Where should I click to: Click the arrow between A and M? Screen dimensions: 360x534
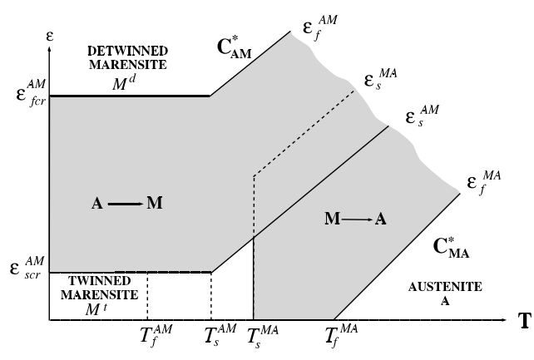pos(124,203)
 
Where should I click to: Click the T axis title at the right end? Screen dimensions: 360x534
pos(525,322)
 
